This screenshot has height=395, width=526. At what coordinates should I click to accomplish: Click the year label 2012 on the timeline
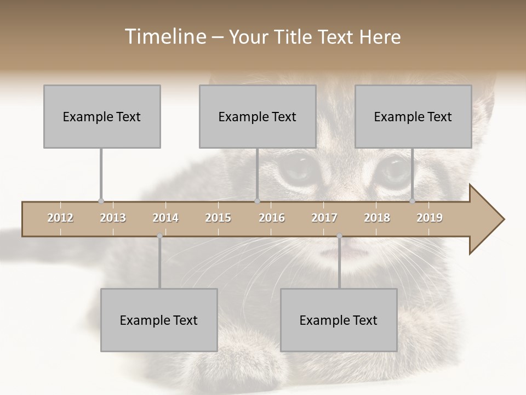click(60, 218)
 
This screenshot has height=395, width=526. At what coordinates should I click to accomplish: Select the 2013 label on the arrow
click(113, 218)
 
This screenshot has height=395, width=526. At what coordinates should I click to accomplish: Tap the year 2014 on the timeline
click(165, 218)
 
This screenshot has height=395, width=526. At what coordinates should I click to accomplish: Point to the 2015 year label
click(218, 218)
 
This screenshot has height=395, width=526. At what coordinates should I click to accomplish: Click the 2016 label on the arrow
click(272, 218)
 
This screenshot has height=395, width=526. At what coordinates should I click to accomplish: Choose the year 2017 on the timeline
click(324, 218)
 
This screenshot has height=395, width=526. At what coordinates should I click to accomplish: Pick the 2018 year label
click(377, 218)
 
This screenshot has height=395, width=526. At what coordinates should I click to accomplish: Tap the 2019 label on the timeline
click(430, 218)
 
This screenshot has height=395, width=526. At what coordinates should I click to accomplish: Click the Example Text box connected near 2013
click(102, 116)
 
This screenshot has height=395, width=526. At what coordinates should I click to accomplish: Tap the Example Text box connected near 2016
click(258, 116)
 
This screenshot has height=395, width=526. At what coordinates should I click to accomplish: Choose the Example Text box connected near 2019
click(413, 116)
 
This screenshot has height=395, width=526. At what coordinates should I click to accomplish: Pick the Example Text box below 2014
click(159, 320)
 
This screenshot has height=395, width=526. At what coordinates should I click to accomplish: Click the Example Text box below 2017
click(339, 320)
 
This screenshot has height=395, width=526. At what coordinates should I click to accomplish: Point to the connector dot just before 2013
click(101, 201)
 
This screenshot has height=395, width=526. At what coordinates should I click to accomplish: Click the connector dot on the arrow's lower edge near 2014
click(159, 236)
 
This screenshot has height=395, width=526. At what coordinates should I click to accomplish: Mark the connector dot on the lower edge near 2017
click(339, 236)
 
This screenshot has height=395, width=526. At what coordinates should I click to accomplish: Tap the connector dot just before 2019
click(412, 201)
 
